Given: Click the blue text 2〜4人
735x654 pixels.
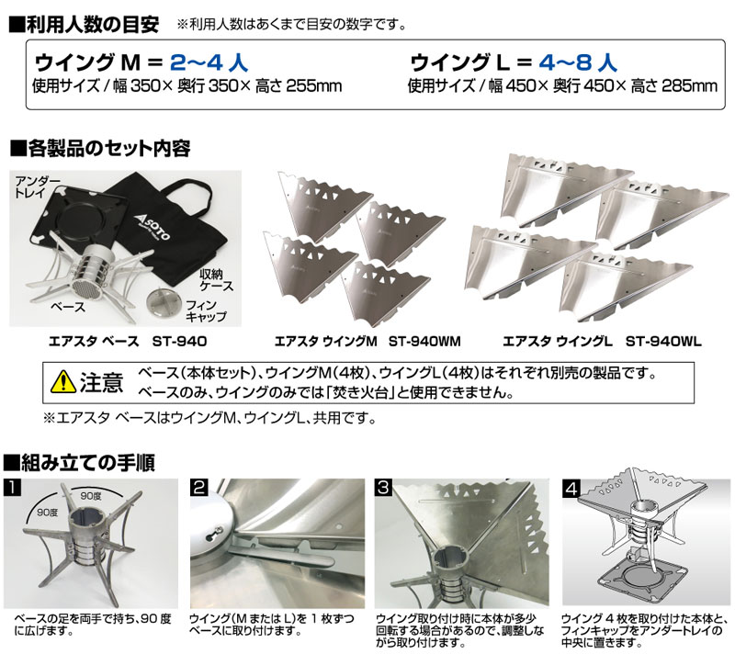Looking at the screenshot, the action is point(209,62).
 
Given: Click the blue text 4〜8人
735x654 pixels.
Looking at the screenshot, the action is point(578,62).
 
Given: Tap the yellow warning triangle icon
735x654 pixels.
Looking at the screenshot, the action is point(62,381).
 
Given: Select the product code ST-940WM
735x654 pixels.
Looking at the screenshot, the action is point(424,341).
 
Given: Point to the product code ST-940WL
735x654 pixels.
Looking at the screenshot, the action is point(663,341).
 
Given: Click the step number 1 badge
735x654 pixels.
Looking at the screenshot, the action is point(11,487).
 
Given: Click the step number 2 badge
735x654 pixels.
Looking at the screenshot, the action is point(198,487).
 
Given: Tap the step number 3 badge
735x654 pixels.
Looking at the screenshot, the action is point(383,487).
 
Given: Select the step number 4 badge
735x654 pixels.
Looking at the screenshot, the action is point(571,488).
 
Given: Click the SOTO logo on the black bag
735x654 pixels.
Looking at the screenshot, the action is point(152,228).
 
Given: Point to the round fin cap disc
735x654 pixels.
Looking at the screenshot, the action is point(164,302).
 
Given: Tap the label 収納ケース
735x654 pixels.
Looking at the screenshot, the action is point(216,279).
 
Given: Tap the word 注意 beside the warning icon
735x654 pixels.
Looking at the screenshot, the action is point(102,382).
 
